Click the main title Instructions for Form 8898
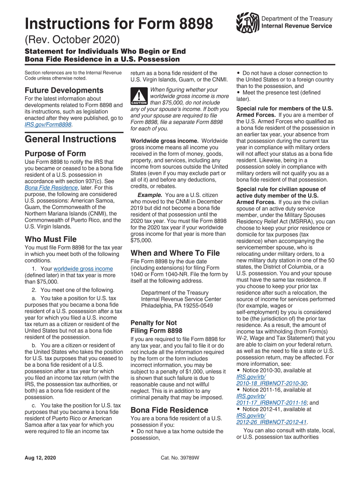pyautogui.click(x=119, y=23)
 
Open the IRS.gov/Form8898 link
pyautogui.click(x=48, y=125)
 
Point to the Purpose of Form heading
pyautogui.click(x=55, y=153)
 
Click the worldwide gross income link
pyautogui.click(x=83, y=269)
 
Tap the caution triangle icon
pyautogui.click(x=139, y=96)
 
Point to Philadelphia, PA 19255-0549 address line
pyautogui.click(x=177, y=306)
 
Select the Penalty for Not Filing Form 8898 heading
pyautogui.click(x=157, y=327)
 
